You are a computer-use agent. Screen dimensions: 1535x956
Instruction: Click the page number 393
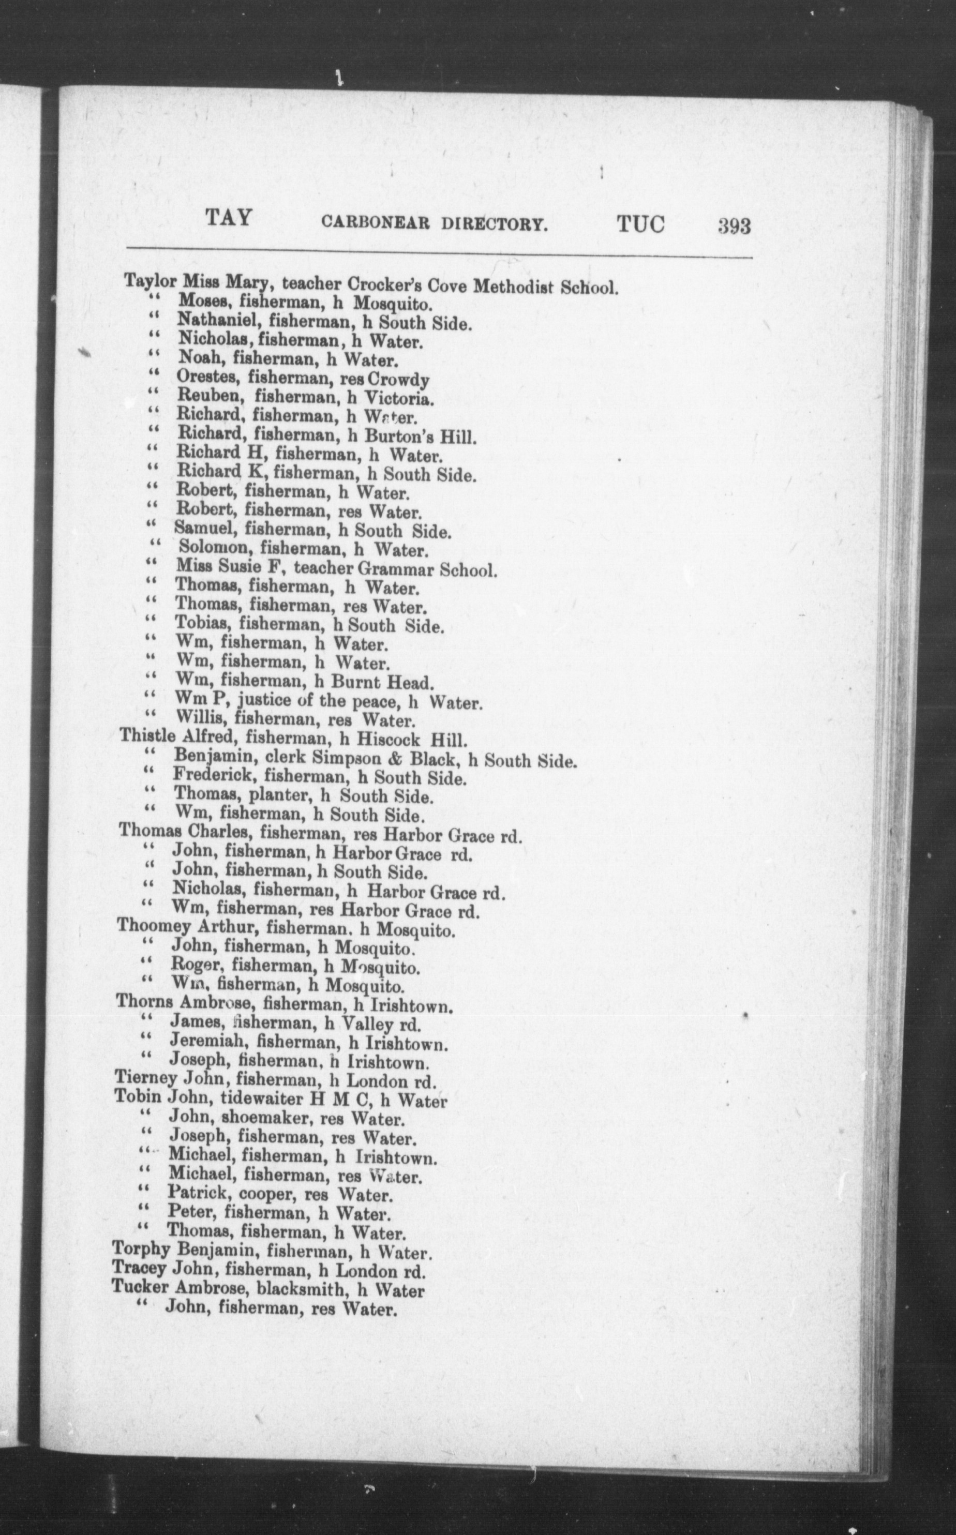[x=734, y=225]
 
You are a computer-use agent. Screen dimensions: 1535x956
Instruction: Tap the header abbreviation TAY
[x=229, y=218]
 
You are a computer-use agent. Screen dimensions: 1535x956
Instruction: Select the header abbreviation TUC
[x=640, y=224]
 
